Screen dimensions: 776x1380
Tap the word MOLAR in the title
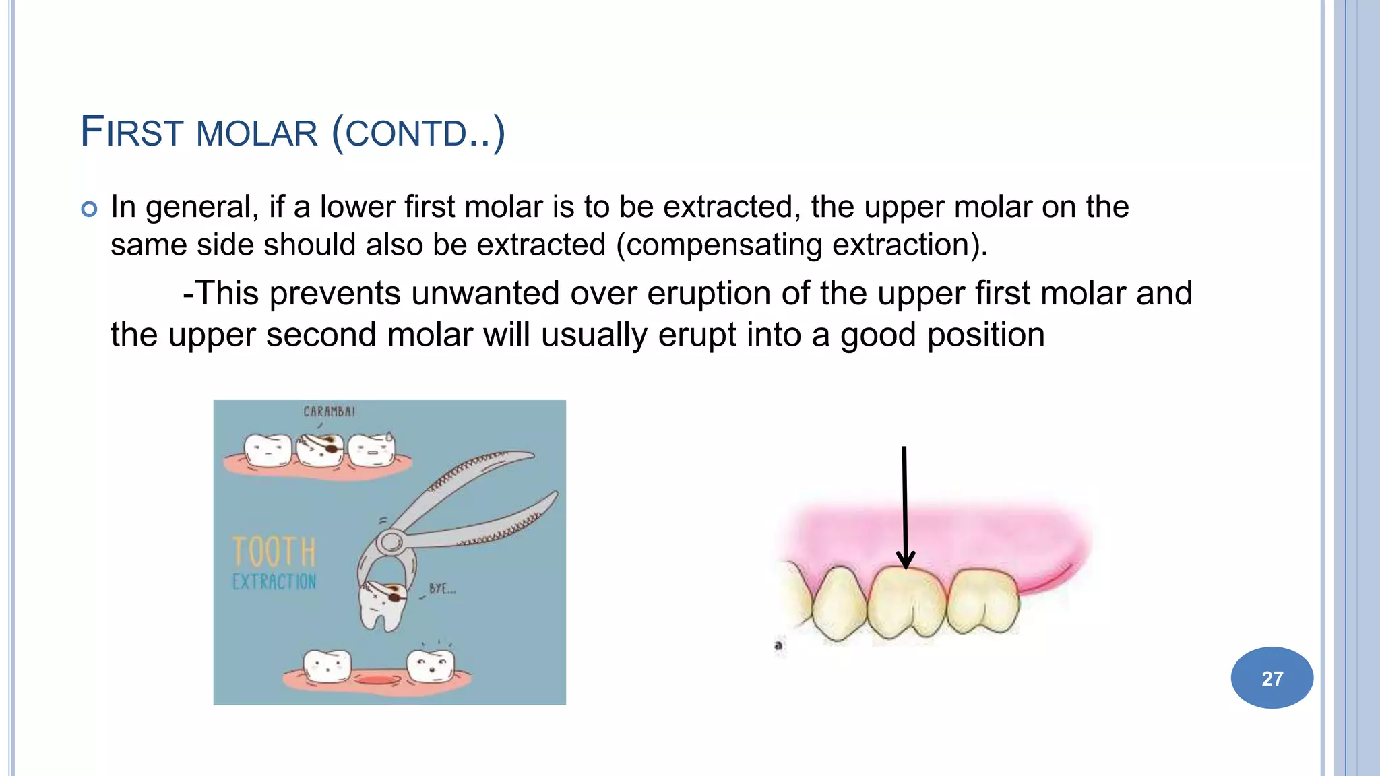point(257,133)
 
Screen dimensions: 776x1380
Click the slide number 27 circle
point(1272,678)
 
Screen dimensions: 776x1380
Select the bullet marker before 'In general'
point(89,209)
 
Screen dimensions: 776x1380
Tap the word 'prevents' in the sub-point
point(335,294)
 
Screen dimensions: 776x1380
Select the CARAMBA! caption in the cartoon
point(329,411)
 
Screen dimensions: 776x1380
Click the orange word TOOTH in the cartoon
point(274,552)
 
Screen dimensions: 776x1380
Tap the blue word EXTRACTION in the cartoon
point(274,582)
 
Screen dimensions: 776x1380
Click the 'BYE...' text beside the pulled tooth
point(442,589)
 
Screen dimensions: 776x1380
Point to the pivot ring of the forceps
point(391,541)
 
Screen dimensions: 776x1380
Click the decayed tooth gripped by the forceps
point(381,603)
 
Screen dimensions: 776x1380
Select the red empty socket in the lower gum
point(378,679)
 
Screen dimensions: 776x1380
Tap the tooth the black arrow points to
point(906,603)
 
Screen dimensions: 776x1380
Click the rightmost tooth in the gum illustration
point(982,601)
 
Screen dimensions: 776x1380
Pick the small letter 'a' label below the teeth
point(778,645)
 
